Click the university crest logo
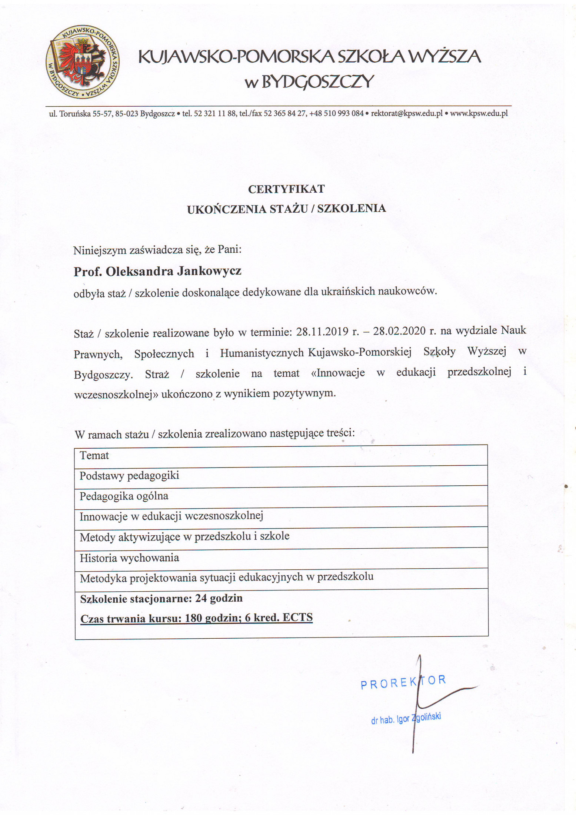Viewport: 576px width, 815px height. tap(82, 62)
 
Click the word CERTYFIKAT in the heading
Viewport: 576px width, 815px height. tap(286, 189)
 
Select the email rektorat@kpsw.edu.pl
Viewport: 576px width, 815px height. tap(407, 114)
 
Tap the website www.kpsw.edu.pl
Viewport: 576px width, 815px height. tap(479, 114)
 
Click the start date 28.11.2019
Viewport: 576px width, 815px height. tap(322, 331)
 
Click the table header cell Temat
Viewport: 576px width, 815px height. tap(94, 455)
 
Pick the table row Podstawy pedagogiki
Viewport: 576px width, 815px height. tap(129, 476)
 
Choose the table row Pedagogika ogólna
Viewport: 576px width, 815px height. tap(124, 496)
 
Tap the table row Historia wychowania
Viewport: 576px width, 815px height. tap(129, 558)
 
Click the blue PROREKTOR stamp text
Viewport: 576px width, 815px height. tap(403, 681)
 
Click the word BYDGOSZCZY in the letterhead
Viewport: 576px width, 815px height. tap(317, 81)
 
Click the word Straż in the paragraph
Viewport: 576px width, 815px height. tap(157, 374)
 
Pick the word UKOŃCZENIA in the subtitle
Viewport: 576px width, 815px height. tap(227, 209)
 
